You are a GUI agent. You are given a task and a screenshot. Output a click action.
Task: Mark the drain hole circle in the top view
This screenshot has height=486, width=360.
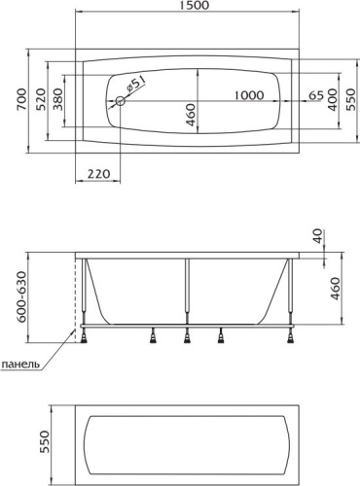(120, 99)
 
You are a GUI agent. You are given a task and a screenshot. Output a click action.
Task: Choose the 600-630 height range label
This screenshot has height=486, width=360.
(9, 296)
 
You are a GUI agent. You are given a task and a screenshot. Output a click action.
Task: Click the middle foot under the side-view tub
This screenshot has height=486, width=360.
(188, 338)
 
